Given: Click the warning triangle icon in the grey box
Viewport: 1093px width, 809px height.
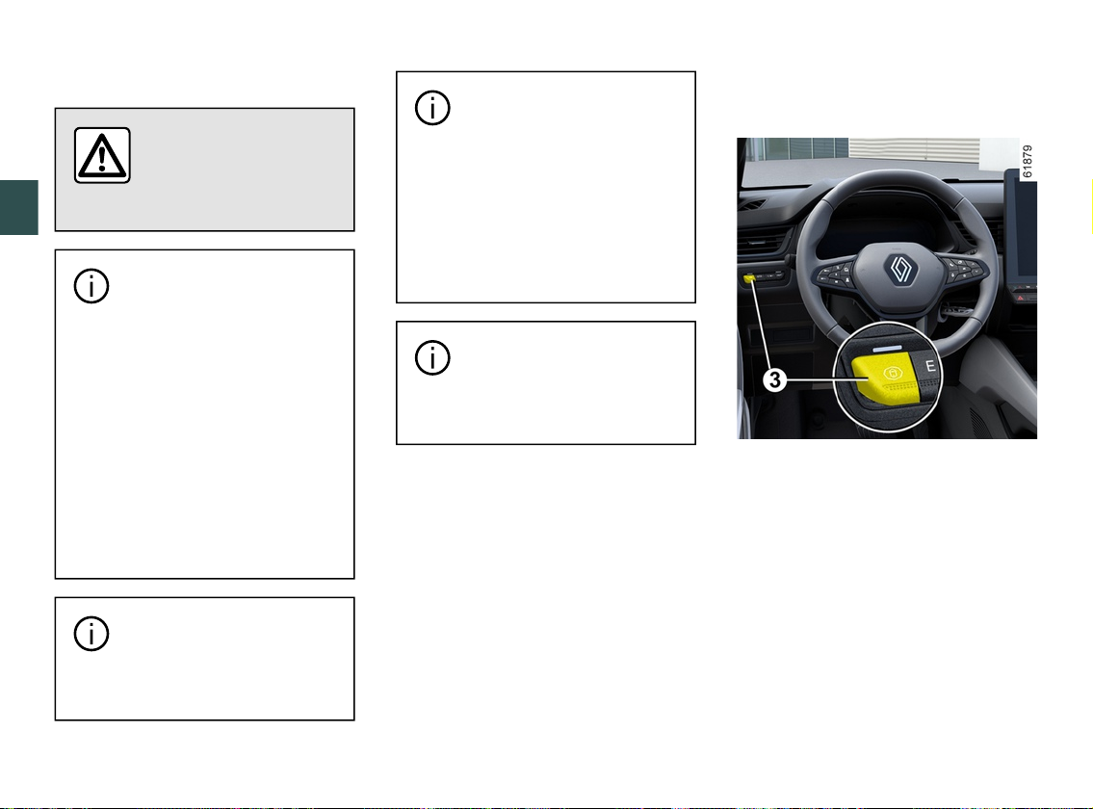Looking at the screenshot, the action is click(102, 155).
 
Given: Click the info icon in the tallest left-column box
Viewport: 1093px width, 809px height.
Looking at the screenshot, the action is click(91, 286).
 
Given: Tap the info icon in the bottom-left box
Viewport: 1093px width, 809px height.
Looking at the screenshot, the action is click(91, 634).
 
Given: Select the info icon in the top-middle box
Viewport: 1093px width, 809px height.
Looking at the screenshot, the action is click(432, 108).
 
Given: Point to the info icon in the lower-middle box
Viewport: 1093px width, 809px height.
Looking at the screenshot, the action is click(432, 357).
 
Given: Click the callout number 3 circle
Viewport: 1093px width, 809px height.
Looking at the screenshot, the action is click(774, 380).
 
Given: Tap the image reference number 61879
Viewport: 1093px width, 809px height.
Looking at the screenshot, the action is click(1027, 161).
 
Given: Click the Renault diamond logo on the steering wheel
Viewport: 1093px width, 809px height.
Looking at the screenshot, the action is click(899, 270).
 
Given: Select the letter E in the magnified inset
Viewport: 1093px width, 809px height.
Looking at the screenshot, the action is click(930, 365).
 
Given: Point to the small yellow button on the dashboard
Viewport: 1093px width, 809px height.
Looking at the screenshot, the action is click(749, 279).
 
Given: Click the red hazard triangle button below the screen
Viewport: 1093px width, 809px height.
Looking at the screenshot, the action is click(1020, 298).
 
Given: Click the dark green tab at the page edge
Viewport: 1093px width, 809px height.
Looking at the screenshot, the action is click(19, 207).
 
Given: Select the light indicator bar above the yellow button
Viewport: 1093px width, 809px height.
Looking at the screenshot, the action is click(887, 347).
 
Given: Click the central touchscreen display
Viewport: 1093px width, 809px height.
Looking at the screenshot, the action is click(1021, 230).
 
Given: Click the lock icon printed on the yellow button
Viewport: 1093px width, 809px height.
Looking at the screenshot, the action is click(893, 374).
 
